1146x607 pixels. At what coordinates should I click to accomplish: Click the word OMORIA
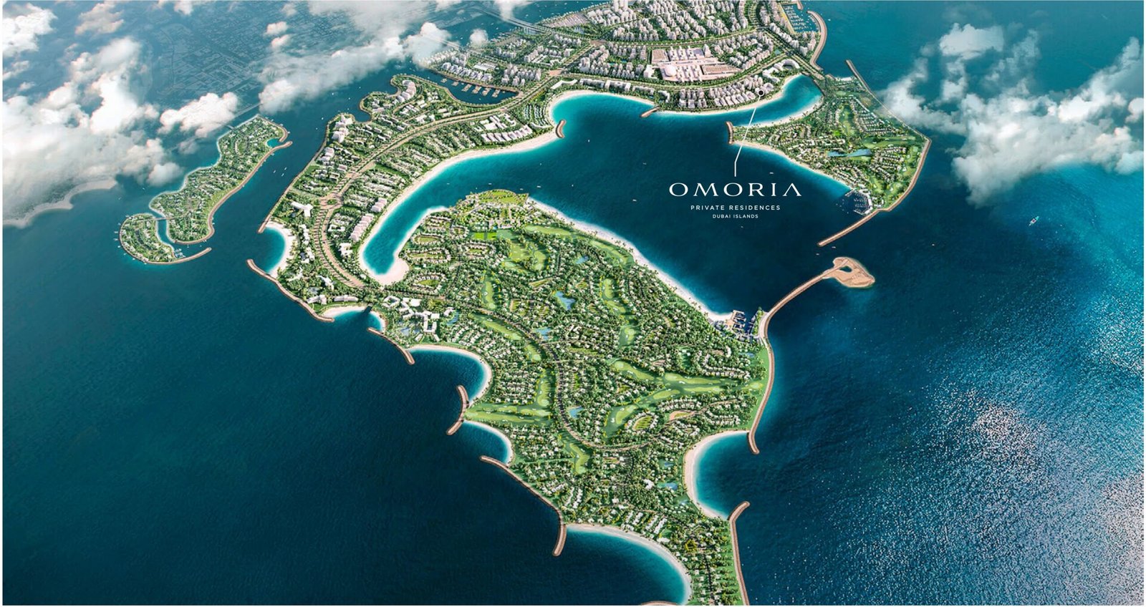pos(735,190)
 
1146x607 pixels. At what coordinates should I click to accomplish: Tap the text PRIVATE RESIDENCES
pos(735,208)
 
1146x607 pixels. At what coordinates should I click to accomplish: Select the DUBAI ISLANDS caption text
pos(735,216)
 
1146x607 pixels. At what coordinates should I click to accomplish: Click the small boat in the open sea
pos(1034,221)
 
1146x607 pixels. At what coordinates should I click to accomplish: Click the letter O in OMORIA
pos(678,190)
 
